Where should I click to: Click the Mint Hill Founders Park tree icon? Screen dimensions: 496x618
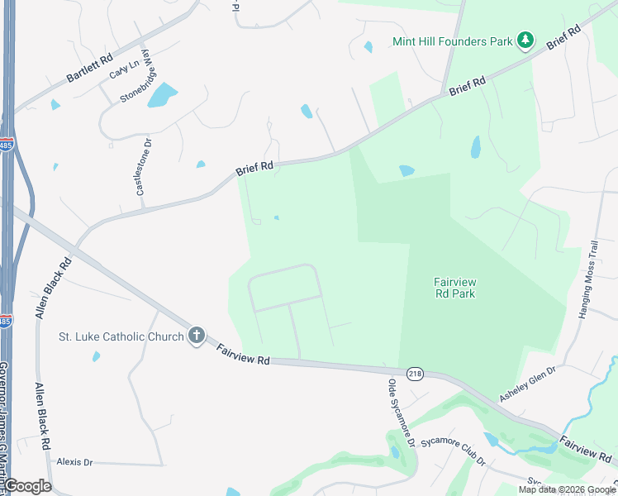click(525, 40)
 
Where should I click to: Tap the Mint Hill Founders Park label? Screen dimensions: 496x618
click(453, 40)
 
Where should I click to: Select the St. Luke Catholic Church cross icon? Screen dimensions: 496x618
click(196, 336)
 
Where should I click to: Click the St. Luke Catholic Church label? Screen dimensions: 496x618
click(121, 336)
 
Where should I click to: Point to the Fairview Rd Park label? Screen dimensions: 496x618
click(455, 288)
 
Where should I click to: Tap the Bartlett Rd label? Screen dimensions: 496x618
click(88, 71)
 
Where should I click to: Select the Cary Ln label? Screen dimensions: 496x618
click(123, 69)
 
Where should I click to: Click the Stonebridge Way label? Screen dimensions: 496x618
click(138, 75)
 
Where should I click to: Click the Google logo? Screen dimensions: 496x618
click(27, 486)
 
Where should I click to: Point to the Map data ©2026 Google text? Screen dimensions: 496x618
click(566, 489)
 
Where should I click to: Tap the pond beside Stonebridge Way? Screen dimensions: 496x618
click(162, 95)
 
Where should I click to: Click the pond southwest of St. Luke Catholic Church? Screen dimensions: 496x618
click(97, 356)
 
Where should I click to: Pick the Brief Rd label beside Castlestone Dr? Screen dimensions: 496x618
click(254, 168)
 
